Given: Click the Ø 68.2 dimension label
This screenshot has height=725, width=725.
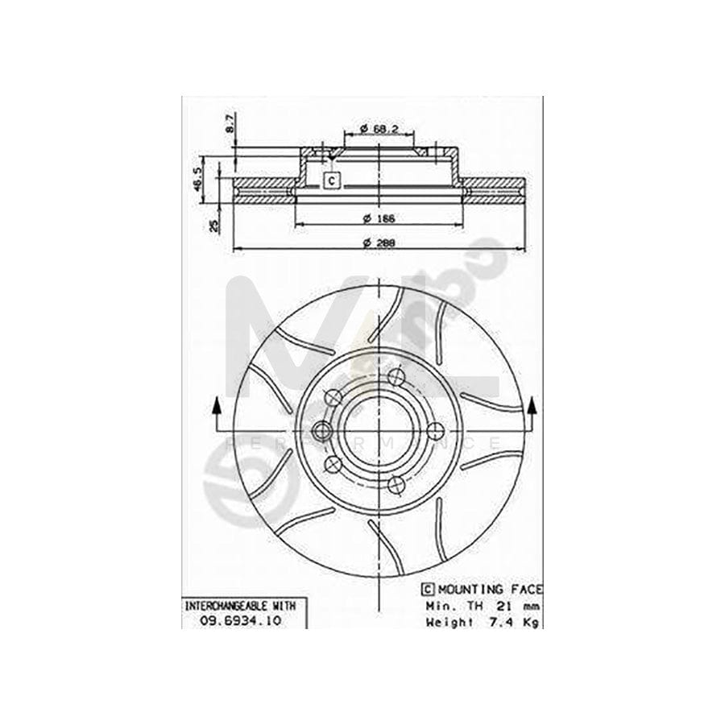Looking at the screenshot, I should (x=377, y=129).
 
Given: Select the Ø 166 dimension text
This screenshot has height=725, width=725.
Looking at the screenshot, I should (x=377, y=218).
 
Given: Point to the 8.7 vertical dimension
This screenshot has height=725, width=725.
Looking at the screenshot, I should (x=229, y=123).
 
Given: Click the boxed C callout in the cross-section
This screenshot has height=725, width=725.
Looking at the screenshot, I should (x=331, y=181).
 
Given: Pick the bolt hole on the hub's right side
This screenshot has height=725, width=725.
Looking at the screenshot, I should (x=434, y=430).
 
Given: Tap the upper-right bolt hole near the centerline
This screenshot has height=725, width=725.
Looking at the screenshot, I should (x=394, y=377).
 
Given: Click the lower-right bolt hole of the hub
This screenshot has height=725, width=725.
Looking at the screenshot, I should (x=395, y=485).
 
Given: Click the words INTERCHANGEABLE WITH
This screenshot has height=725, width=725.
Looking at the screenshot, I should (x=230, y=605).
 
